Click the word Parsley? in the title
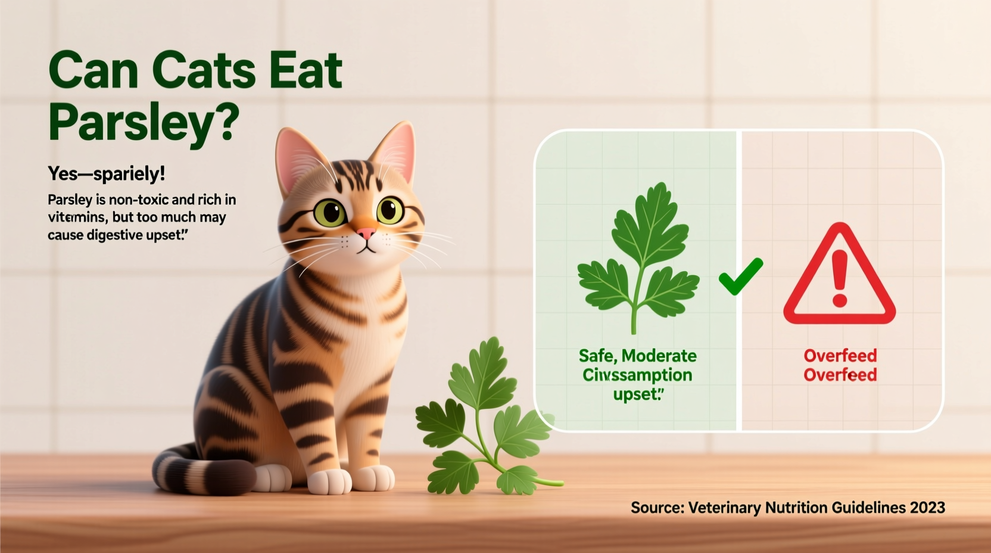[144, 122]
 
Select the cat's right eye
[329, 212]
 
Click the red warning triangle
[839, 277]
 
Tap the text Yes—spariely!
[107, 173]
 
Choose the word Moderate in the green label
[659, 356]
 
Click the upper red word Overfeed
[840, 356]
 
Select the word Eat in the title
[306, 70]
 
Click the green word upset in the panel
[636, 393]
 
